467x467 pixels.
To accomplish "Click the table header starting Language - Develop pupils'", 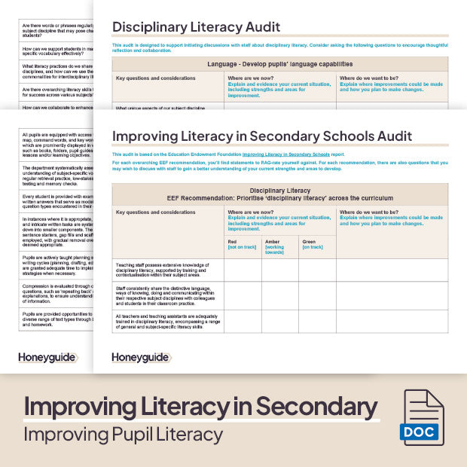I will tap(279, 64).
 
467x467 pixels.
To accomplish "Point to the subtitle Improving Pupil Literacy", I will tap(123, 435).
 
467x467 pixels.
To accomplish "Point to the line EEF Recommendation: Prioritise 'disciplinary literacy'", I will tap(279, 198).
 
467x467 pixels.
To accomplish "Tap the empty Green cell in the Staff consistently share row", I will tap(317, 295).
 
